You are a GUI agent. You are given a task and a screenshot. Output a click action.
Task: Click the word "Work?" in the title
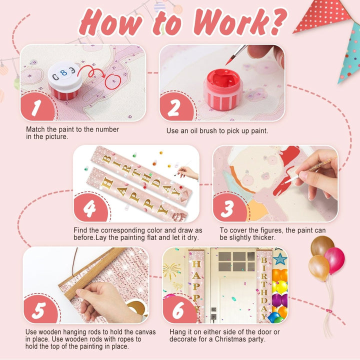pos(240,22)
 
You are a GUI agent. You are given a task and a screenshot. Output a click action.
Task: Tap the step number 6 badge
pos(179,310)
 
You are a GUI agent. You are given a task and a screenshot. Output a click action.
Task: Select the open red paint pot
pos(223,89)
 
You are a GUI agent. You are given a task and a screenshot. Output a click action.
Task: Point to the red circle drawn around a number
pos(113,81)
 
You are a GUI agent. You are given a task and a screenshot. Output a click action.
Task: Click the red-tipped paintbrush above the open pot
pos(236,54)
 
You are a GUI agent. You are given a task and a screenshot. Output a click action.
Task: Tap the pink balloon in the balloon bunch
pos(334,260)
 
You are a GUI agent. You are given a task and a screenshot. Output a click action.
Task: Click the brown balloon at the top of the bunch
pos(322,245)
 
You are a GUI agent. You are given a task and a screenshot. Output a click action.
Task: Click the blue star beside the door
pos(280,259)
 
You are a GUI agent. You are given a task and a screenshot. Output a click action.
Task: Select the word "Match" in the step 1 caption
pos(35,129)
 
